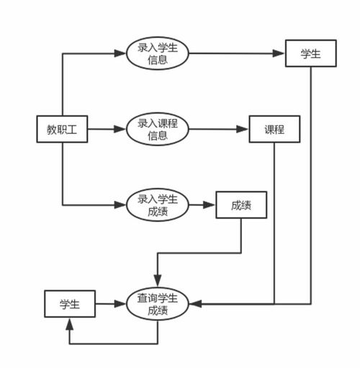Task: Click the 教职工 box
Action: [62, 130]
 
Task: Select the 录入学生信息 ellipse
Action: [157, 54]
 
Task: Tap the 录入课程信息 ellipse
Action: [157, 130]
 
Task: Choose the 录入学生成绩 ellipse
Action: [157, 205]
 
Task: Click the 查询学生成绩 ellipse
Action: [157, 304]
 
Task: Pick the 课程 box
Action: [274, 130]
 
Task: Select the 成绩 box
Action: [241, 205]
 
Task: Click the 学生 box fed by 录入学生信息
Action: [311, 54]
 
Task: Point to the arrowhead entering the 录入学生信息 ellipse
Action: [122, 54]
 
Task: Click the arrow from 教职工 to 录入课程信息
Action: [106, 130]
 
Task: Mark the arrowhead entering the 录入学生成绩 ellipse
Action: [122, 205]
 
